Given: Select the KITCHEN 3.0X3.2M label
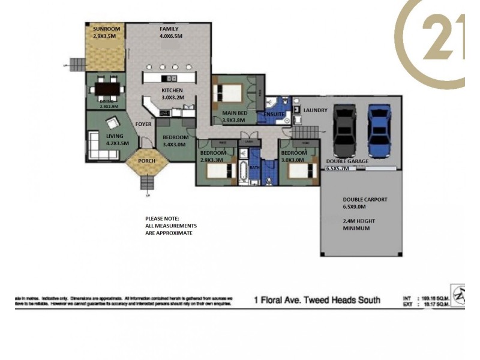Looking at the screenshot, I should point(172,93).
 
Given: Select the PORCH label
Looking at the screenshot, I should point(147,161).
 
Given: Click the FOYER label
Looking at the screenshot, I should point(143,125).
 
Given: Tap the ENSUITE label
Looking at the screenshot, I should point(273,113).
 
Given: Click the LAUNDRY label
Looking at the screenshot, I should point(315,110).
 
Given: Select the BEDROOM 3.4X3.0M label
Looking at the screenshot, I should point(176,140).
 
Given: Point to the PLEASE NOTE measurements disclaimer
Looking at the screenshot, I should point(170,226).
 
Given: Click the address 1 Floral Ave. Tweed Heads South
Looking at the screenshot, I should point(317,299).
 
